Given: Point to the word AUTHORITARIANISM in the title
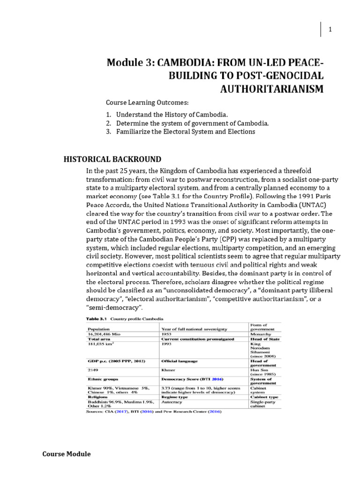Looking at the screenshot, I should pos(272,89).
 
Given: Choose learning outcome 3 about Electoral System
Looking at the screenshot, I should pos(180,132).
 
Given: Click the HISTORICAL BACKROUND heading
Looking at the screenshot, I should pos(112,159).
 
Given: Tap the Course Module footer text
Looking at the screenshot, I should pos(67,454).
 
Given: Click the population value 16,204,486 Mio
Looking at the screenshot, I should pos(102,334).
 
